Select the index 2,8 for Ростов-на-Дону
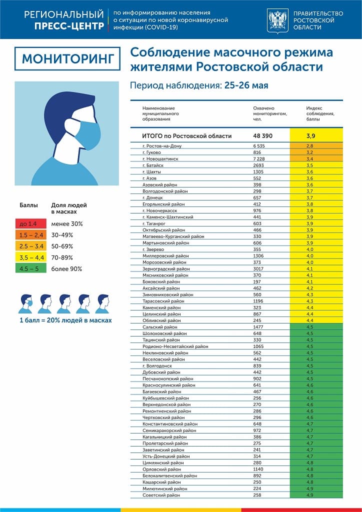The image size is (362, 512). tap(316, 145)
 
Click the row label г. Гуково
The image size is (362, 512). tap(152, 152)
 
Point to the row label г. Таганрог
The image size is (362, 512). tap(155, 223)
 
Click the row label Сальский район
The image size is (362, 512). tap(157, 327)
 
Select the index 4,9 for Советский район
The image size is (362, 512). tap(316, 495)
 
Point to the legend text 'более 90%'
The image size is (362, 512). tap(66, 269)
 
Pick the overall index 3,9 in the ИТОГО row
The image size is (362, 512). tap(316, 136)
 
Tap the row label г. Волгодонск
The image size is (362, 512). tap(157, 365)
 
